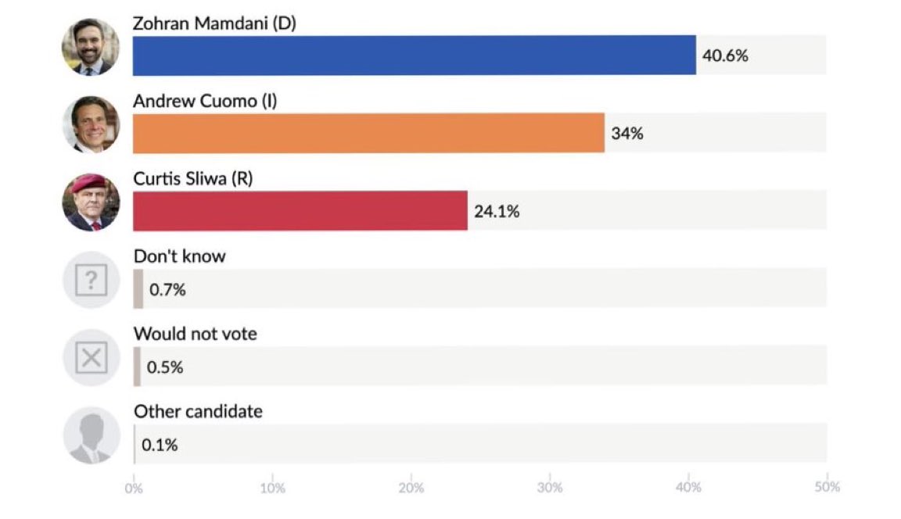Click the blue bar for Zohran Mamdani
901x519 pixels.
click(x=414, y=55)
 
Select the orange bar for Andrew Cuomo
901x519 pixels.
click(x=368, y=133)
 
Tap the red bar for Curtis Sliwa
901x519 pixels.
click(x=300, y=210)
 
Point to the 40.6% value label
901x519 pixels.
click(x=725, y=56)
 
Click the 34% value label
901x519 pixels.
click(x=627, y=134)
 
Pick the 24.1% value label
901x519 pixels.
click(x=497, y=211)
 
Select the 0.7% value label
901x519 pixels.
click(x=167, y=290)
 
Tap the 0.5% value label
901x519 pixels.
click(x=165, y=367)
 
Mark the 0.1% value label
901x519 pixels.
click(x=160, y=446)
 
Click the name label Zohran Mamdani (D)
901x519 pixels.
click(x=214, y=23)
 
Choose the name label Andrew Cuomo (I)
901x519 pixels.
click(x=205, y=101)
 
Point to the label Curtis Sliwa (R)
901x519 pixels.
click(x=193, y=178)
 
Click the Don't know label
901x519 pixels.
click(x=179, y=256)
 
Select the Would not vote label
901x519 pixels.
click(x=195, y=334)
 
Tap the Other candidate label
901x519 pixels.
click(x=198, y=411)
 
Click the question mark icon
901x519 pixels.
click(x=91, y=280)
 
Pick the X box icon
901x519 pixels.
click(x=91, y=358)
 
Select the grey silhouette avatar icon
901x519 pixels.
click(x=91, y=435)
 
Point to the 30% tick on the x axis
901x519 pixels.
click(x=550, y=488)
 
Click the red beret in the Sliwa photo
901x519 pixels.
click(x=88, y=182)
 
